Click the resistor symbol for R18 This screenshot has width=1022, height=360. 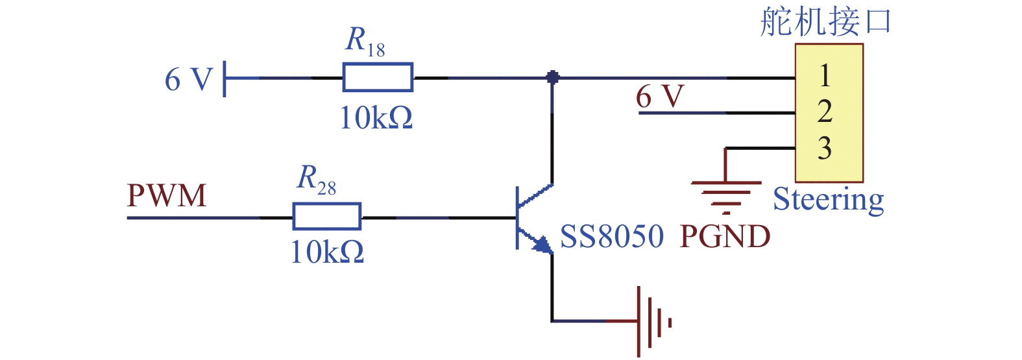tap(378, 78)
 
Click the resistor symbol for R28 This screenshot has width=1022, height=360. tap(326, 216)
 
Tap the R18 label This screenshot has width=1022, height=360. tap(365, 42)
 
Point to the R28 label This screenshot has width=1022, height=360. tap(316, 180)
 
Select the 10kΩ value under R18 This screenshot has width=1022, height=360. tap(376, 118)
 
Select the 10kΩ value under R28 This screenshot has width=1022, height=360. tap(327, 252)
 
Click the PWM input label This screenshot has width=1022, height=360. tap(167, 196)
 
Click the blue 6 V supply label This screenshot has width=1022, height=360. tap(188, 79)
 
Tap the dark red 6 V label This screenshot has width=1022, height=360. tap(660, 96)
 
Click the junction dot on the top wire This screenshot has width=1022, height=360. tap(552, 77)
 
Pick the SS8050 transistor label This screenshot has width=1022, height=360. tap(611, 236)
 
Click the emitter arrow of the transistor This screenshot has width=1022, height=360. tap(543, 245)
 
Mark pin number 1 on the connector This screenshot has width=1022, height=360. tap(825, 75)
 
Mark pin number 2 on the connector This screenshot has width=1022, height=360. tap(825, 112)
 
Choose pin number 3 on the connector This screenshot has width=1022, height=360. tap(825, 148)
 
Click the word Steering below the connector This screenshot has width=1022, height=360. tap(829, 199)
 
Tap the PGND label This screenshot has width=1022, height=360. tap(725, 236)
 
